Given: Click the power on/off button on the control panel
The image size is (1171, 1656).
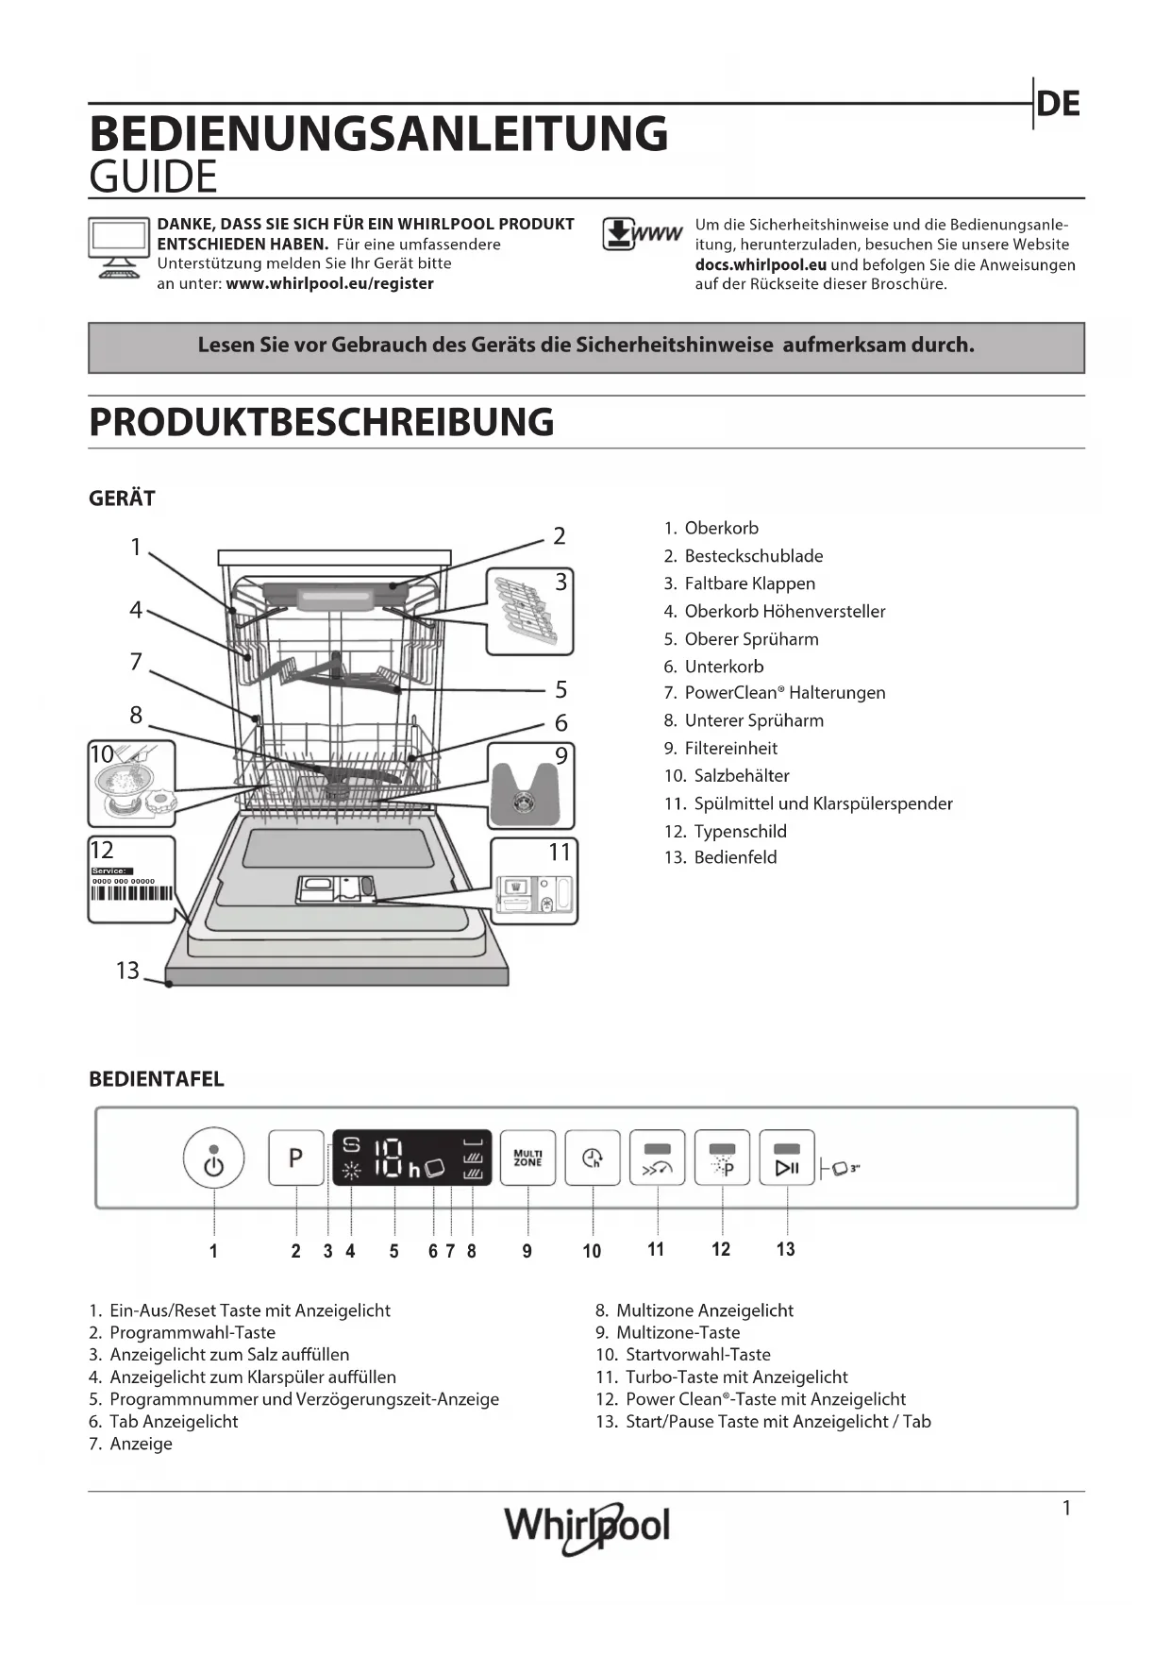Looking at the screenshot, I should coord(214,1158).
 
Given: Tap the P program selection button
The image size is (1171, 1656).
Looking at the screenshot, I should coord(296,1158).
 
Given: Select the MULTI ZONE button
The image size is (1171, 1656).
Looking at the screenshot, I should coord(527,1158).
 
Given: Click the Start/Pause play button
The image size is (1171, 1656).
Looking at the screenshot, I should coord(787,1158).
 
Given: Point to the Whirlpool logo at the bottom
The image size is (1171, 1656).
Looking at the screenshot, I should coord(587,1527).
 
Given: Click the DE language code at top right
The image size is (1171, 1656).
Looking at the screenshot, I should coord(1058,104).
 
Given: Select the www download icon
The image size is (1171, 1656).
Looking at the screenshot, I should coord(642,234).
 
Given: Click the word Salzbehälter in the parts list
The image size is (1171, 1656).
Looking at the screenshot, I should coord(742,776).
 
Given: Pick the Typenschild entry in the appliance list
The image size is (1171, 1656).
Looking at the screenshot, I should coord(740,832).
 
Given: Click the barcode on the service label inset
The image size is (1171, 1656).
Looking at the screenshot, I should coord(132,894).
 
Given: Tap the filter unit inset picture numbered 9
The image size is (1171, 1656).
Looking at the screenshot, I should coord(530,786).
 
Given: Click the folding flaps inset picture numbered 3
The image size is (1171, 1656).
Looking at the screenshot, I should coord(529,611).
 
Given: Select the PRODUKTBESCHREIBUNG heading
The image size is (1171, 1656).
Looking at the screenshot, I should coord(321,422).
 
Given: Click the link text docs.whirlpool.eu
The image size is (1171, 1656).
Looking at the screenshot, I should coord(761,265).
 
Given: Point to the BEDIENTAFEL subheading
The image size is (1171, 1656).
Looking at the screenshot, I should coord(157,1079).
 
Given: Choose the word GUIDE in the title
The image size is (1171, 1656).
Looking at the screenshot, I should coord(153,177).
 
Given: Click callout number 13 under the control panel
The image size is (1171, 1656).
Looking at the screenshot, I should coord(785,1250).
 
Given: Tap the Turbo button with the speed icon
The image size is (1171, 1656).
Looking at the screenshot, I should coord(657,1158).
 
